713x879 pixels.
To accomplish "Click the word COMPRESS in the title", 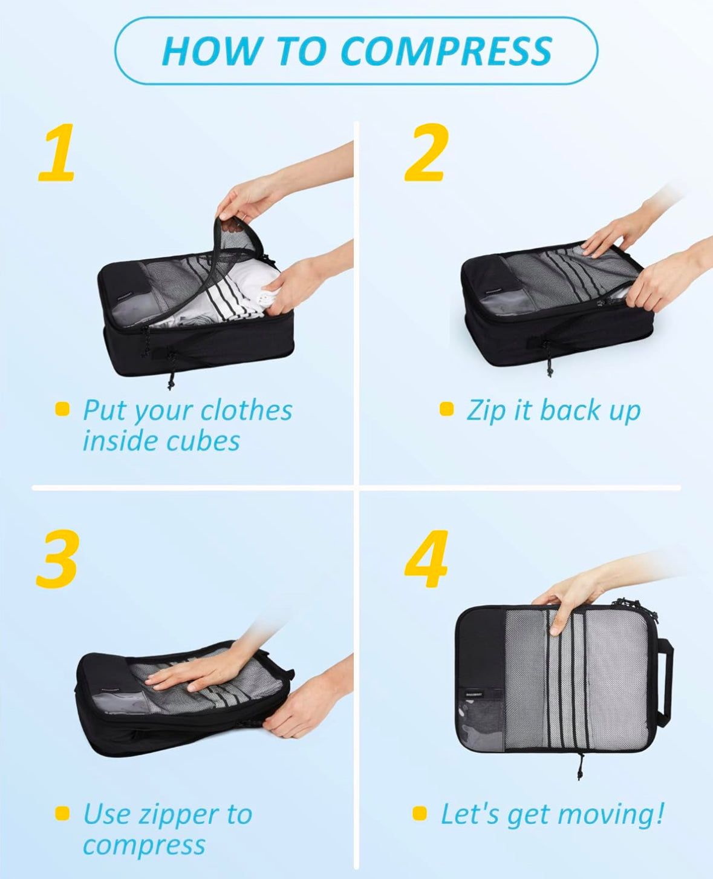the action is click(x=446, y=51).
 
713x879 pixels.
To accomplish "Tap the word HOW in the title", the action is click(x=213, y=51).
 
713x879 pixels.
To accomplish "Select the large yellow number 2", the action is click(x=426, y=153).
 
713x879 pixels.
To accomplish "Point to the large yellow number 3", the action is click(x=57, y=559).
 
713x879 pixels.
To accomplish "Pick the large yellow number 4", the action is click(x=426, y=559).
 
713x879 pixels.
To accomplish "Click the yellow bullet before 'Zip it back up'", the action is click(x=447, y=409).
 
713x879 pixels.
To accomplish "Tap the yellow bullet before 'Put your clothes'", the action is click(x=62, y=409).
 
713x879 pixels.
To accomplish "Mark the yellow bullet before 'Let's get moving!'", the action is click(x=420, y=813).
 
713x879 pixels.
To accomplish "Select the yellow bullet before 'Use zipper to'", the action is click(x=62, y=813).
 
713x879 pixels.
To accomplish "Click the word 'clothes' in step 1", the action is click(x=246, y=410).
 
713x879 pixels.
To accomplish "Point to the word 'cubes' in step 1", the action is click(x=203, y=441).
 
